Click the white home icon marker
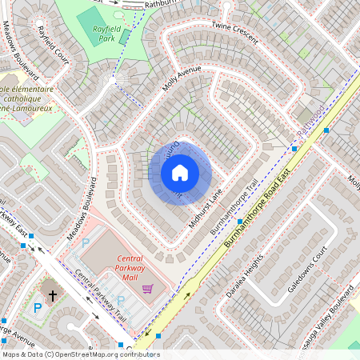click(x=180, y=172)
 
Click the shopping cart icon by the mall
click(x=147, y=288)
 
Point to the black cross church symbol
click(x=53, y=295)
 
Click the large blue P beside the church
click(x=37, y=307)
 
